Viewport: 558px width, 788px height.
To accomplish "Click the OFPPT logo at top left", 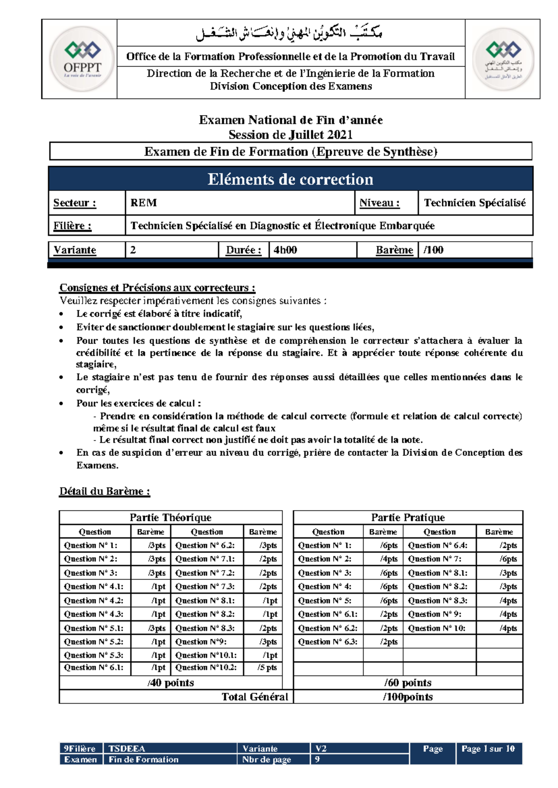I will click(82, 59).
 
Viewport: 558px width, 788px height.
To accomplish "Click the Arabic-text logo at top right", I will click(503, 59).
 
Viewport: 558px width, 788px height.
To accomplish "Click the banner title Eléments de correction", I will click(290, 179).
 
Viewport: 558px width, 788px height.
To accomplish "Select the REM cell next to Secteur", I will click(144, 203).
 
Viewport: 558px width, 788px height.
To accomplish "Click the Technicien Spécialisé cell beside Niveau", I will click(474, 203).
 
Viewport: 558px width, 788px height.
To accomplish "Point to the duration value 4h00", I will click(285, 250).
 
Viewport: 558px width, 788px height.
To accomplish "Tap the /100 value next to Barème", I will click(433, 250).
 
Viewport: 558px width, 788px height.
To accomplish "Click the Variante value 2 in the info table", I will click(133, 250).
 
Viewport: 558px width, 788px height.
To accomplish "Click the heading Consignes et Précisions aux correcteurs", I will click(157, 288).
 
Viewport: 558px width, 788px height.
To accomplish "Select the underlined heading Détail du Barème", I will click(105, 492).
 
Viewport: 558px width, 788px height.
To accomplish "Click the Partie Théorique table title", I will click(170, 518).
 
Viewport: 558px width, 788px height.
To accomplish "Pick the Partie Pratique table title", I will click(408, 518).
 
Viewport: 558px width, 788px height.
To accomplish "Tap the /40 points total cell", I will click(171, 683).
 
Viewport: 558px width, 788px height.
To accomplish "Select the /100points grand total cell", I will click(408, 697).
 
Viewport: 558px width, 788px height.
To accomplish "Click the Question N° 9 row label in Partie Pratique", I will click(435, 614).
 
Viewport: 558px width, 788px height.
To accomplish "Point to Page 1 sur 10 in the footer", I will click(488, 749).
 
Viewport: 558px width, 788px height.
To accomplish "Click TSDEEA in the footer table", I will click(126, 749).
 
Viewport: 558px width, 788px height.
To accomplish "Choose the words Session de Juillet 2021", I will click(291, 135).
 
